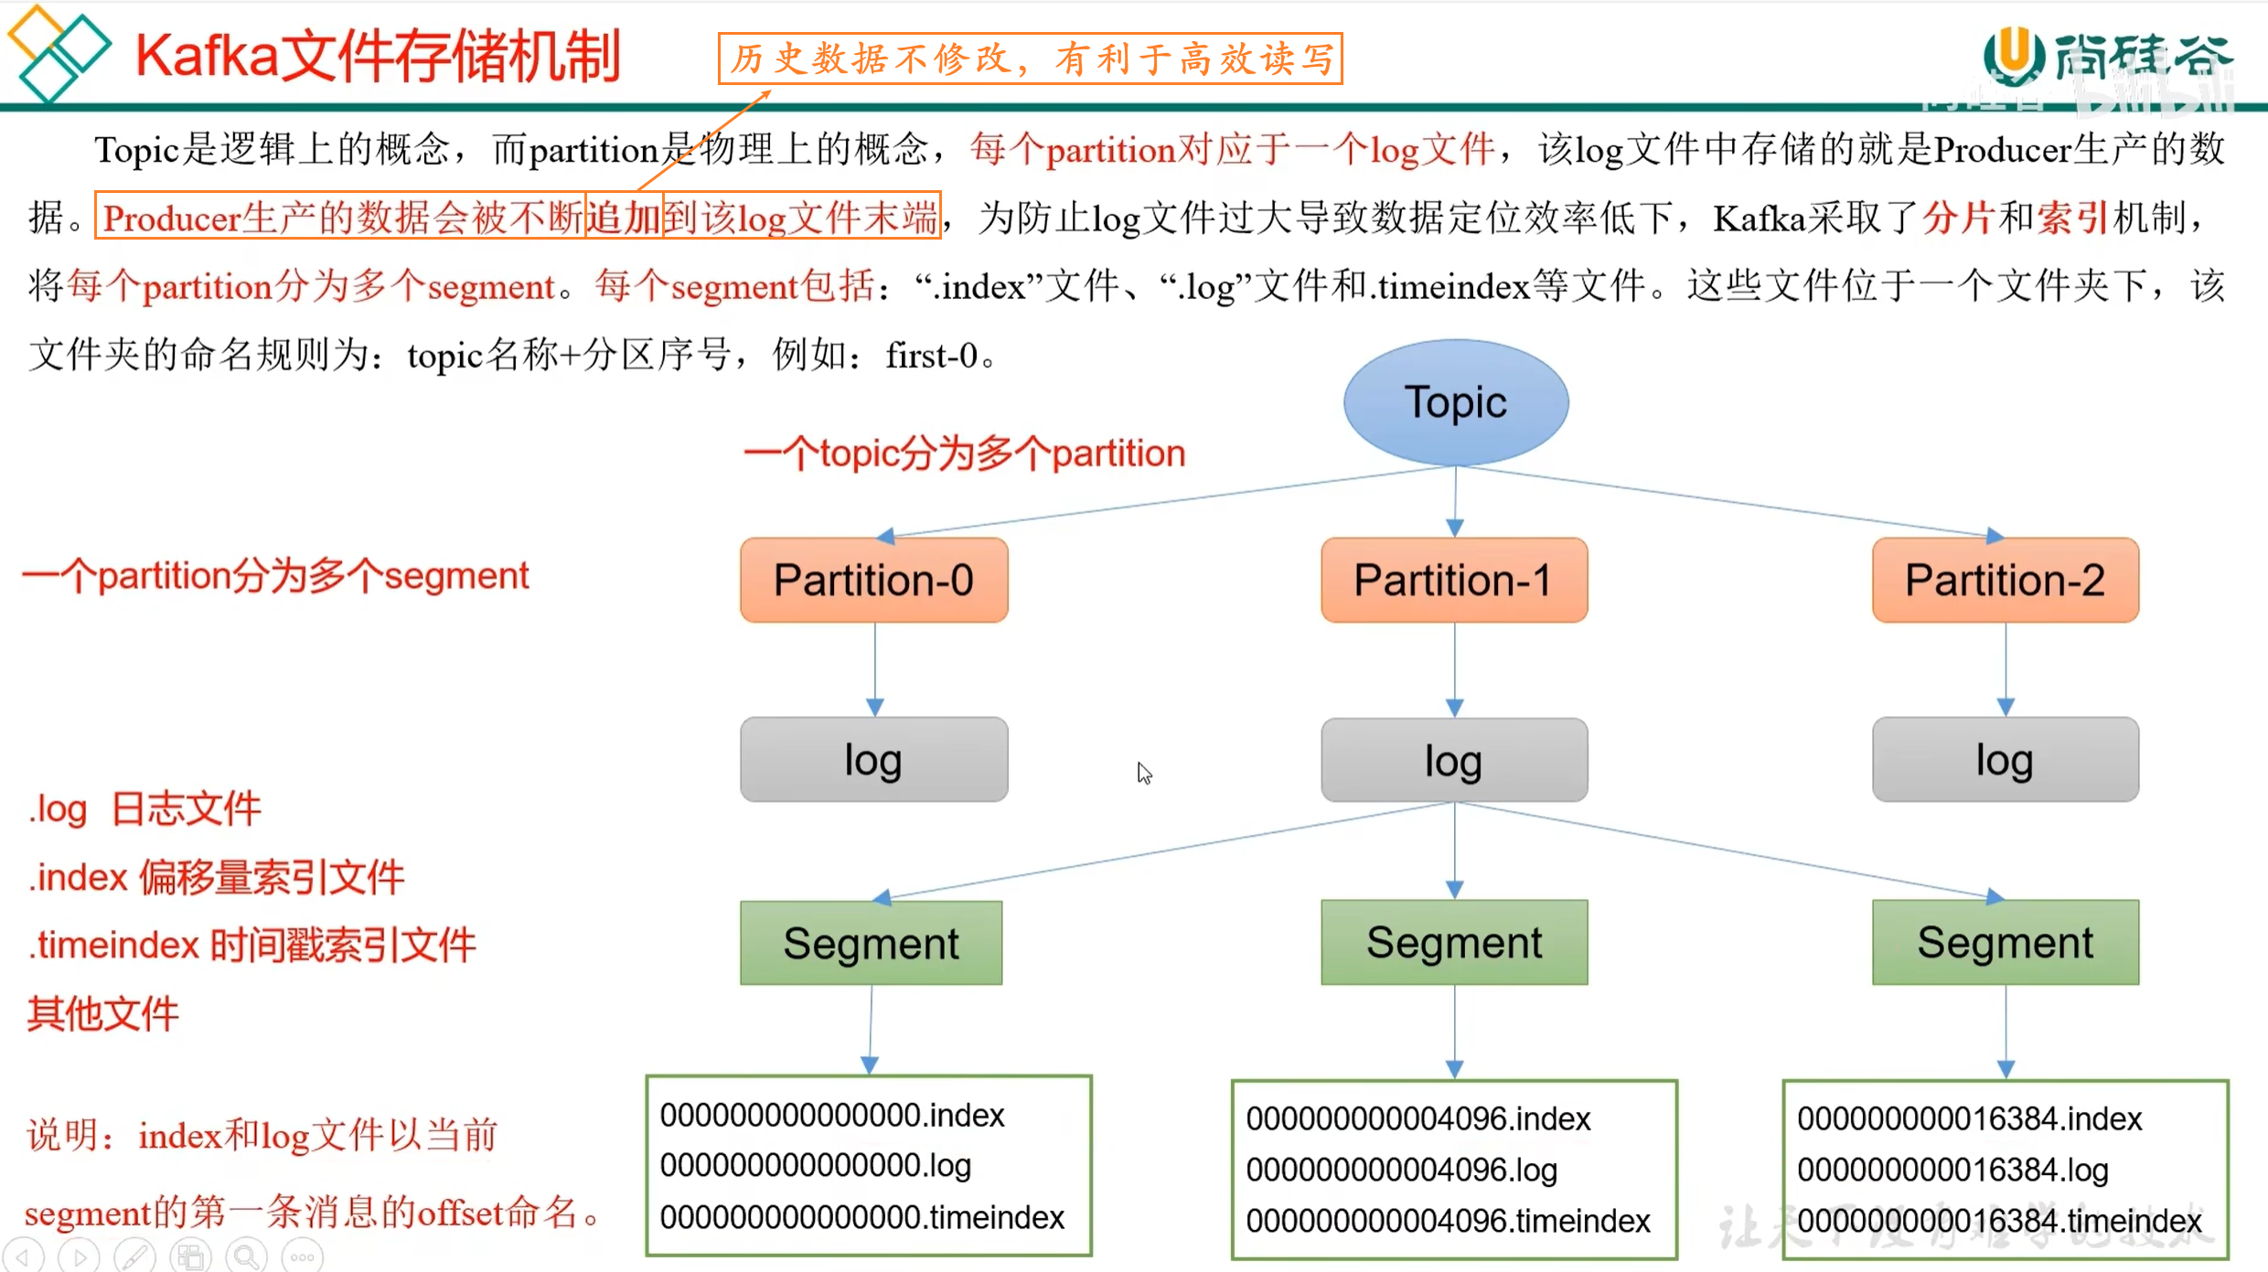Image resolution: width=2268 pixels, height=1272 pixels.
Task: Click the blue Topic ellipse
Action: coord(1456,401)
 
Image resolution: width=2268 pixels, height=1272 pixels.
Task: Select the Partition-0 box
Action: coord(874,580)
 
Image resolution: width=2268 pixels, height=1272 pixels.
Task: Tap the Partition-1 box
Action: coord(1454,580)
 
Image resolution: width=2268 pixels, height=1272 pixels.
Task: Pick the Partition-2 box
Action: coord(2006,580)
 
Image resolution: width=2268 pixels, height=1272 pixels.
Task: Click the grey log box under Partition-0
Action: coord(874,760)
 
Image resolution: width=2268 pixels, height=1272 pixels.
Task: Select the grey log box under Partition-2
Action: coord(2006,760)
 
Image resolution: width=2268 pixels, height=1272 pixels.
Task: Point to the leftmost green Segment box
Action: coord(872,943)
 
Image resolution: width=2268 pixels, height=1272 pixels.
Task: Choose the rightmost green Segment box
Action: coord(2006,943)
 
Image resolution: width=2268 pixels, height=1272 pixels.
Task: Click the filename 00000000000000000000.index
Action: coord(832,1116)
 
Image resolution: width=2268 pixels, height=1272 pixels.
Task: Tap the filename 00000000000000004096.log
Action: coord(1401,1170)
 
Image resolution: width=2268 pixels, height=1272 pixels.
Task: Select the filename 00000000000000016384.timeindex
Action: coord(1999,1221)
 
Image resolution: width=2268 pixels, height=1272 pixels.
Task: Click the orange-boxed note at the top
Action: coord(1031,59)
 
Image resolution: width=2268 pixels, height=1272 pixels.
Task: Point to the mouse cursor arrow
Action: coord(1144,774)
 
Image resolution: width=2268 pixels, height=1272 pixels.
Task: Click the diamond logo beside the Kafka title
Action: coord(58,52)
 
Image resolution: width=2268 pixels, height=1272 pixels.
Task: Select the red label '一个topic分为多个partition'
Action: coord(965,454)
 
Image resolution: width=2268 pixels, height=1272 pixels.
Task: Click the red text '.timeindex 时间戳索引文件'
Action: coord(251,946)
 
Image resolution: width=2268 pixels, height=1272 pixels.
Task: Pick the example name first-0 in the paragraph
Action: coord(932,356)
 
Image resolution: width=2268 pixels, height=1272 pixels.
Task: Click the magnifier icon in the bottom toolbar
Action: coord(246,1256)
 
